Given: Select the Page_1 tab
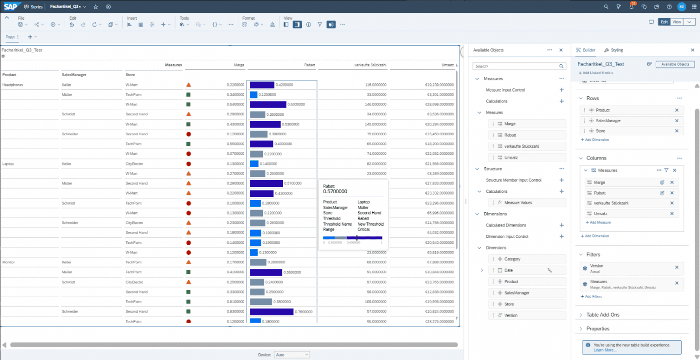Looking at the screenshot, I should [x=12, y=37].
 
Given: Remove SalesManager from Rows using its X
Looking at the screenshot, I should [x=677, y=121].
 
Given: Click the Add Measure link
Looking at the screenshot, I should [x=600, y=222].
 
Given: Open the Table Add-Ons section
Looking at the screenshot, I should [x=602, y=314].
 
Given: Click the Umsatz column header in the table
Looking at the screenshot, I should [x=448, y=65].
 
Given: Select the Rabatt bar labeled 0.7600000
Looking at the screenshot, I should [x=272, y=312].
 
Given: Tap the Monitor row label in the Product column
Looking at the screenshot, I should [x=9, y=262].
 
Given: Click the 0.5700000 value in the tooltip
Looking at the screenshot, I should [x=335, y=191].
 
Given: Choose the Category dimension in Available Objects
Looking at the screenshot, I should [x=512, y=259].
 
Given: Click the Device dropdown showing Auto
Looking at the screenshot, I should [x=292, y=355].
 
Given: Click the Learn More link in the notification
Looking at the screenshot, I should [x=605, y=350].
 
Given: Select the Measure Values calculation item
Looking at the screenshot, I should [x=518, y=203].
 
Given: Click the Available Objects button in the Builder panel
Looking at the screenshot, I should [x=675, y=64].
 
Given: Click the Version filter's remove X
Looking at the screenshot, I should [x=677, y=267].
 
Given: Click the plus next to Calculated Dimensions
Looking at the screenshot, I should [x=561, y=225].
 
